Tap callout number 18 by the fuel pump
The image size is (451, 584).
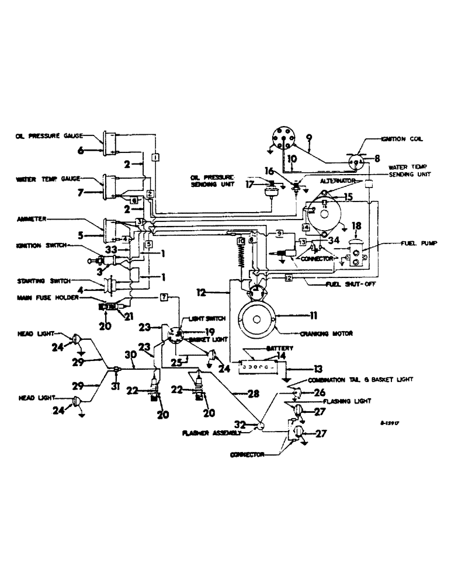pos(356,226)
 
